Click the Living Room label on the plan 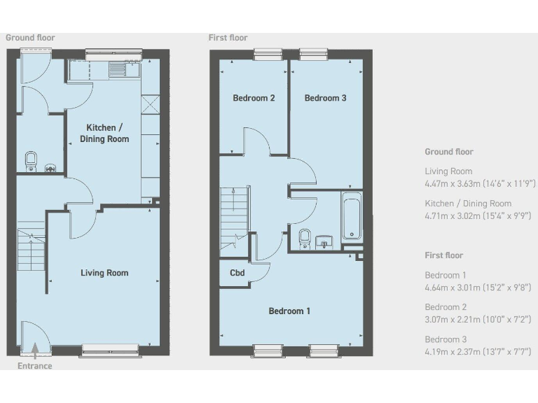coord(104,273)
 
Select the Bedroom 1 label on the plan coord(289,311)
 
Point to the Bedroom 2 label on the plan coord(254,98)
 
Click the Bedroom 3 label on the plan coord(325,98)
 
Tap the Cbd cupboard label coord(237,273)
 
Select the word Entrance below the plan coord(34,365)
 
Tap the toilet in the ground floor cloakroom coord(30,161)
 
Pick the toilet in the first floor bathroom coord(304,238)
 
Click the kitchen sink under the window coord(130,69)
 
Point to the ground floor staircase coord(30,252)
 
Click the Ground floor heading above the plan coord(30,38)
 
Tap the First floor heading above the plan coord(228,38)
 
